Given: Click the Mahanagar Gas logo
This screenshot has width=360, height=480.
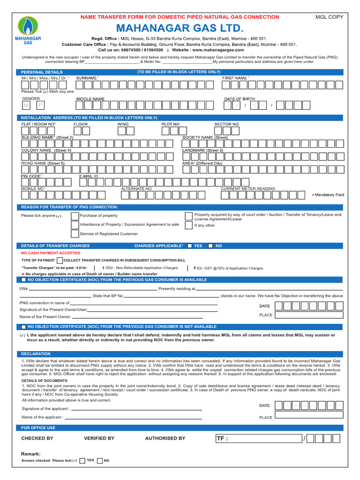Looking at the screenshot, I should [29, 30].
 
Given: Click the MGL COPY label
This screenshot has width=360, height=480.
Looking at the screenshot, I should [330, 17].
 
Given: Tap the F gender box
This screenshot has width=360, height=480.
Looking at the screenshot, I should [40, 105].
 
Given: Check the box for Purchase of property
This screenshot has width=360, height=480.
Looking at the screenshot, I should [75, 216].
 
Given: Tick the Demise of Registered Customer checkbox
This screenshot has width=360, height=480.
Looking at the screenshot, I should [75, 233].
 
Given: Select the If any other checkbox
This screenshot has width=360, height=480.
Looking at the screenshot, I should [188, 225].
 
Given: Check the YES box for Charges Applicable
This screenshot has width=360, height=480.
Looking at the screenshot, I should [189, 246].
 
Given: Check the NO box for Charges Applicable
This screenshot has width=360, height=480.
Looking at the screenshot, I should [210, 246].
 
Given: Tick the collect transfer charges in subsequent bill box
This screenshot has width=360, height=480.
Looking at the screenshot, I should [60, 260].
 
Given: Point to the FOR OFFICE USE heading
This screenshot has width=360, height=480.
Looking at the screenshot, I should [38, 427].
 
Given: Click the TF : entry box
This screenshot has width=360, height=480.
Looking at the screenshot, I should [258, 438].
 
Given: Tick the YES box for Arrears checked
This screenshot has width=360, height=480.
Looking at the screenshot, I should [82, 460].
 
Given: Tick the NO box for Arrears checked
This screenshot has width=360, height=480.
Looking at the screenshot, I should [99, 460].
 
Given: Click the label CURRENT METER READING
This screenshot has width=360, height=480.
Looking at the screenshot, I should [248, 188].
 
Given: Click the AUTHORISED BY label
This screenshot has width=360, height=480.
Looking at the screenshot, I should [165, 438].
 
